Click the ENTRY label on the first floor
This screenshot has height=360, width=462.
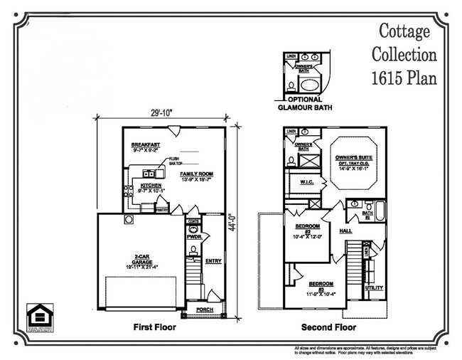[213, 261]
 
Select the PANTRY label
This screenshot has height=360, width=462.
[161, 210]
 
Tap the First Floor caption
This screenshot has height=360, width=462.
[155, 329]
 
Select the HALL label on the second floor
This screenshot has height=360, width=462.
[345, 231]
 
